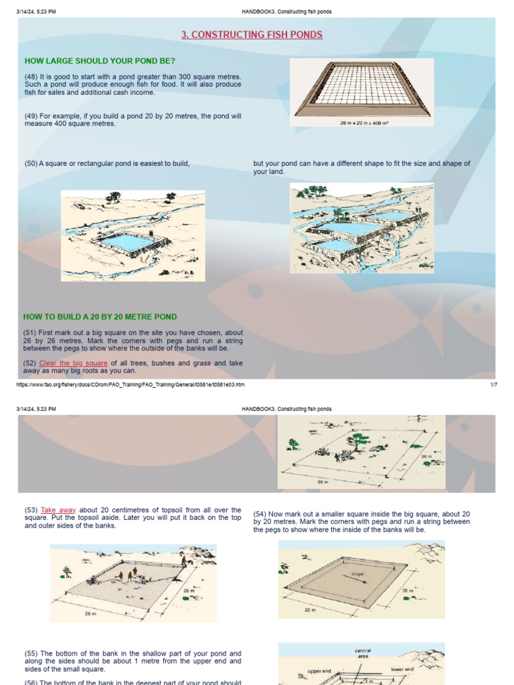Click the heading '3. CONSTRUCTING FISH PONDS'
[x=252, y=35]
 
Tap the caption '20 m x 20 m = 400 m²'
[x=362, y=122]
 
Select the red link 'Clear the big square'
[x=73, y=363]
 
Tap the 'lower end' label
[x=402, y=668]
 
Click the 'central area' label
[x=362, y=653]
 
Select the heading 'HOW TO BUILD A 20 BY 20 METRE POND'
[x=100, y=316]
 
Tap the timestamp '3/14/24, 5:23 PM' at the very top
[x=36, y=12]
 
